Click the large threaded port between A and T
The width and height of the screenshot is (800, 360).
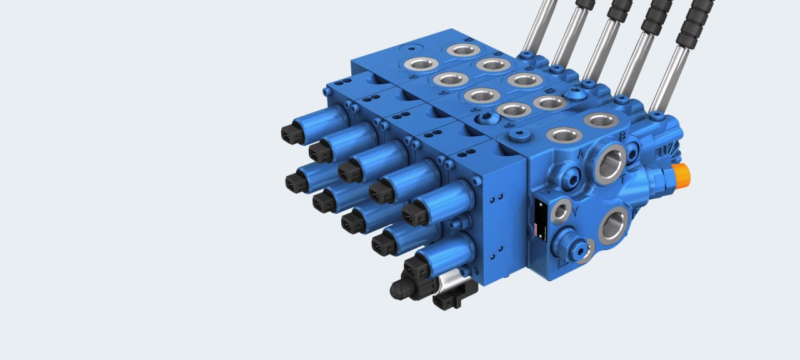pos(610,163)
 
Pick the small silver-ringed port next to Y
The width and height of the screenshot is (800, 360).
pos(561,211)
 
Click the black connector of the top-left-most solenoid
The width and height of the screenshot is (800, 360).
pos(292,132)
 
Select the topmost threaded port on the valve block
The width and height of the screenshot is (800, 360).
pos(463,49)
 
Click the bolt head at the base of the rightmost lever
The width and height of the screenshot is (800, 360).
pos(656,116)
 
